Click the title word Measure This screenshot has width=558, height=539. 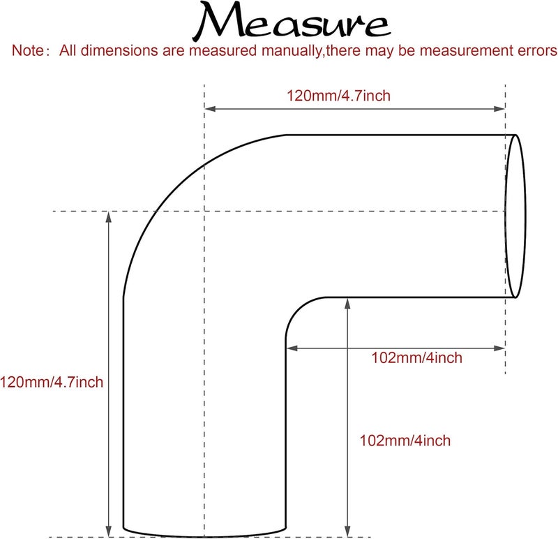coord(292,22)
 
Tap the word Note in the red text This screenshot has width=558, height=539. coord(27,50)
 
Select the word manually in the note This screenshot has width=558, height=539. coord(292,51)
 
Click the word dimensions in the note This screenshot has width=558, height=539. coord(119,50)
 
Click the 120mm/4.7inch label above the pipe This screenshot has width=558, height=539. coord(338,96)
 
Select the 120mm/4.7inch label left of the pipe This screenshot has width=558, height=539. coord(52,382)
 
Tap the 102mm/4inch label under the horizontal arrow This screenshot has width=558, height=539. coord(416,357)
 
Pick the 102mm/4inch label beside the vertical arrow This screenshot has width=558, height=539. coord(405,441)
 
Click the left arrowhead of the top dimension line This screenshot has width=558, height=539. coord(210,109)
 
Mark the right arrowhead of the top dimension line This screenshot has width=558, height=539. coord(499,109)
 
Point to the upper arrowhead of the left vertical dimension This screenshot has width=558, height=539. coord(109,216)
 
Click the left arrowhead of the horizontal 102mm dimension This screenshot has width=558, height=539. coord(292,348)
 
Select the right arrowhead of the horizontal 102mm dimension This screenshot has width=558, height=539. coord(499,348)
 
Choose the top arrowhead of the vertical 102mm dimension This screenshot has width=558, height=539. coord(347,304)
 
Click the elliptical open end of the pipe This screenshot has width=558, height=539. coord(525,216)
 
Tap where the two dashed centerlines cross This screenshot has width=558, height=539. coord(204,212)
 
